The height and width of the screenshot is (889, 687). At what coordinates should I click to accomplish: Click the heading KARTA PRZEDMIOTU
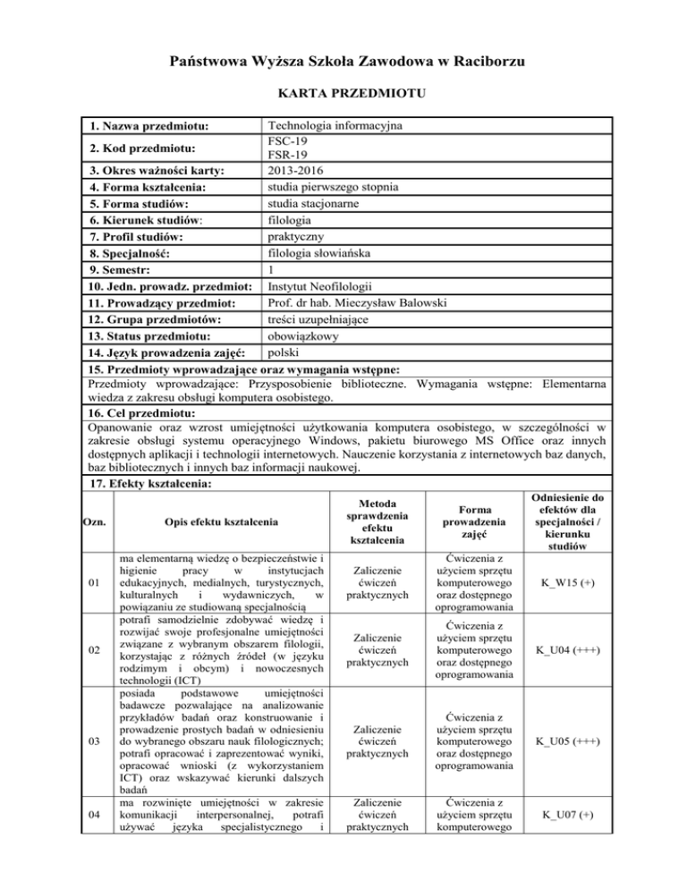tap(343, 93)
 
